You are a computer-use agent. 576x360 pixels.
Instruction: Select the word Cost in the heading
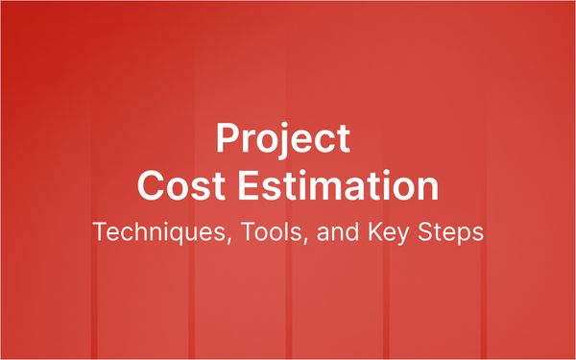point(175,184)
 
